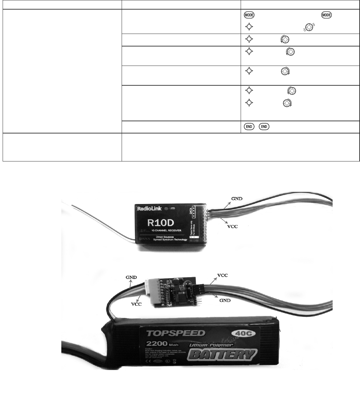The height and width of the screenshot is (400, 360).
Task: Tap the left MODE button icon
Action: [249, 15]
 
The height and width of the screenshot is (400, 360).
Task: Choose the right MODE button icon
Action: [327, 15]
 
